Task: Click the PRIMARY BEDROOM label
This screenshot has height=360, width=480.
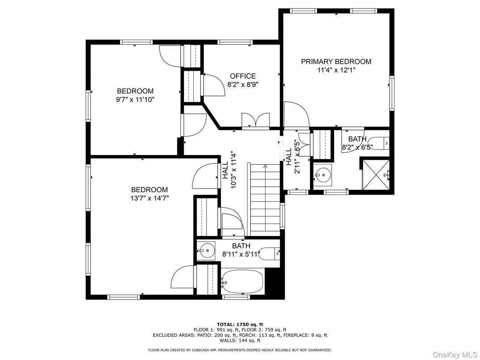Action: [x=336, y=61]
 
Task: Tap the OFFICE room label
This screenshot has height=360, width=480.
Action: [x=243, y=76]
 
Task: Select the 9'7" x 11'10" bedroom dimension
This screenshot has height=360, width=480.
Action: [x=135, y=99]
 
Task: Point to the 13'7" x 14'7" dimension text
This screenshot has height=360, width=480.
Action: [x=150, y=198]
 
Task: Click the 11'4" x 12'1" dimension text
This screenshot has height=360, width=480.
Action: [x=336, y=70]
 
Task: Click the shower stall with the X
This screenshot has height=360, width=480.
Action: [x=376, y=175]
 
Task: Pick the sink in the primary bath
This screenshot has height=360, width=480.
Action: [x=322, y=175]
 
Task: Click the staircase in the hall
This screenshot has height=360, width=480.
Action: [x=265, y=200]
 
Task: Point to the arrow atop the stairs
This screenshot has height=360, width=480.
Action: [x=265, y=167]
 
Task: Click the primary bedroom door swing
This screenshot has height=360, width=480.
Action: [x=296, y=115]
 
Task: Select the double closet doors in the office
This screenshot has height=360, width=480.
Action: [x=256, y=120]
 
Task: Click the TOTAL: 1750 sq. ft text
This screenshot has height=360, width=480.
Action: [x=240, y=324]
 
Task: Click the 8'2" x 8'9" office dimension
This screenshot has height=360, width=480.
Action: [x=243, y=85]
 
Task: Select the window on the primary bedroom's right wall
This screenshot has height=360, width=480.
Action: [x=392, y=93]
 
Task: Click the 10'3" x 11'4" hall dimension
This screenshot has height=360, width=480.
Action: [x=234, y=170]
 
